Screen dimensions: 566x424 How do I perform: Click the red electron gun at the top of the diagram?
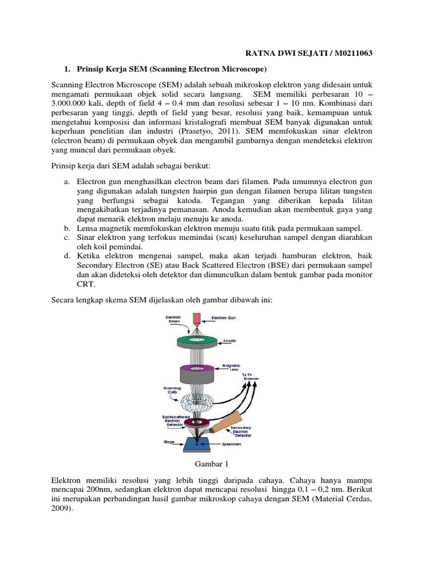(x=197, y=319)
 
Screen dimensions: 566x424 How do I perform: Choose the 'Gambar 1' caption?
(x=212, y=463)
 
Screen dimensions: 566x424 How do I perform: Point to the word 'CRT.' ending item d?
(x=86, y=284)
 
